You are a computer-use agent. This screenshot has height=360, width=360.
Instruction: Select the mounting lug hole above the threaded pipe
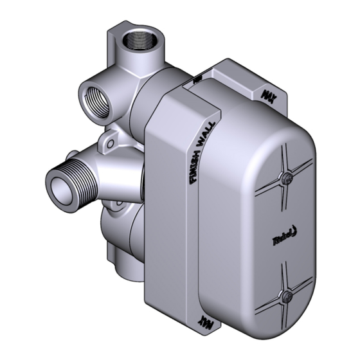click(111, 137)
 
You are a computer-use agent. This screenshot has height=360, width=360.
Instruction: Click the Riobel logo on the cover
click(281, 239)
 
